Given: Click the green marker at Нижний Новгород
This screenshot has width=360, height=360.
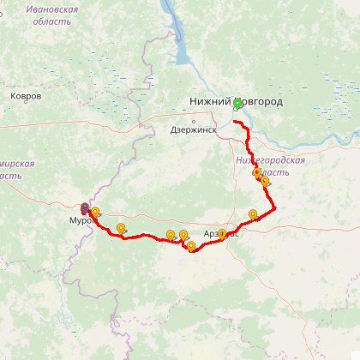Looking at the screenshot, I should [x=237, y=103].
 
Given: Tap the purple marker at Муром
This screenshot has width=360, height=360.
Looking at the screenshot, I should [x=84, y=207].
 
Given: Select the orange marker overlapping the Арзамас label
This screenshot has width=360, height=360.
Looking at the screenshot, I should [x=222, y=233].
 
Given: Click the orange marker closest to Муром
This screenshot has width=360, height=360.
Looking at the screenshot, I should [x=95, y=212].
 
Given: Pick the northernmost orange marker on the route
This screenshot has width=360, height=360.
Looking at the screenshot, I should [x=256, y=171].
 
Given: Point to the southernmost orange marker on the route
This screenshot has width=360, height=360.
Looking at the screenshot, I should [x=190, y=246].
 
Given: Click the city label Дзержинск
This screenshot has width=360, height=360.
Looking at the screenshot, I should [x=193, y=130].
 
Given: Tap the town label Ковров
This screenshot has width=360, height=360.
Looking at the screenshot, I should [x=26, y=96].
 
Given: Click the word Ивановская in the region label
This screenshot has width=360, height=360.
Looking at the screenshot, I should [x=52, y=9].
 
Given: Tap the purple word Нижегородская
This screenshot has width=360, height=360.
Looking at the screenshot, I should [x=271, y=160].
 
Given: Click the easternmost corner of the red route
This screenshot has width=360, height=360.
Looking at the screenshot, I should [x=275, y=208].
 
